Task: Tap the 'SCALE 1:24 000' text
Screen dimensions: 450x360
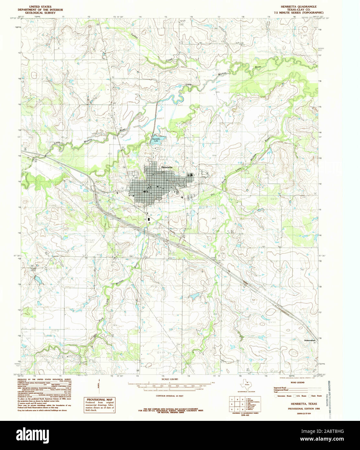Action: click(169, 379)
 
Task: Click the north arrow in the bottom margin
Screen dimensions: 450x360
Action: click(99, 387)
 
